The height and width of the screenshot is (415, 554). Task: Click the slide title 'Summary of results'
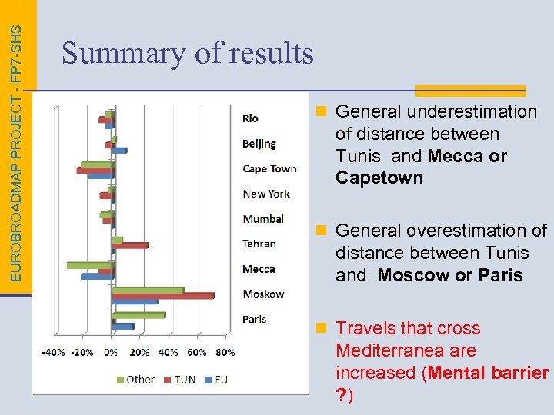(x=188, y=54)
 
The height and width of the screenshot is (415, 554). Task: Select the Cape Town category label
(x=269, y=169)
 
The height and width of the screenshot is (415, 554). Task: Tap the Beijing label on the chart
(x=259, y=144)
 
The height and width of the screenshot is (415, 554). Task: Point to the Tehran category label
(x=259, y=244)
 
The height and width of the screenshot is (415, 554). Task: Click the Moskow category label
(x=263, y=294)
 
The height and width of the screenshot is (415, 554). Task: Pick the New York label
(x=266, y=194)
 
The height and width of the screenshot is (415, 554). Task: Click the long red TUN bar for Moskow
(x=163, y=296)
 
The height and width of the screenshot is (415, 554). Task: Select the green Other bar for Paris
(x=138, y=315)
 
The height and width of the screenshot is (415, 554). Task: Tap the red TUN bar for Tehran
(x=131, y=246)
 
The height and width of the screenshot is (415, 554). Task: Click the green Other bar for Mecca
(x=90, y=265)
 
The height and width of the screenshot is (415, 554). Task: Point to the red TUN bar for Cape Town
(x=95, y=170)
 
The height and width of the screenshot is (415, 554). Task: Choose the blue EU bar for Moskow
(x=135, y=301)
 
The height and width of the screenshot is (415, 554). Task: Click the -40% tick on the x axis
(x=53, y=353)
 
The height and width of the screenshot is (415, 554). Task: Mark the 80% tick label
(x=225, y=353)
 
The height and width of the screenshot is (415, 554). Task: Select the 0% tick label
(x=111, y=353)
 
